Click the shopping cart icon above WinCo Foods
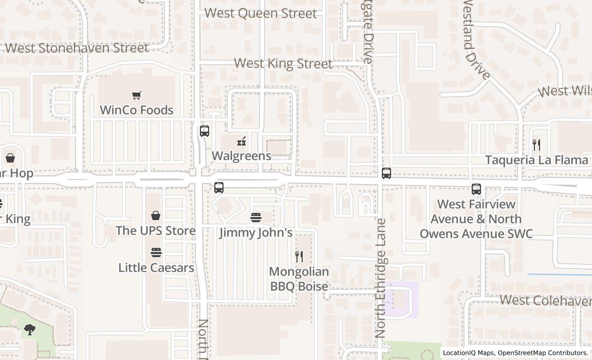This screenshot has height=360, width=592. (136, 95)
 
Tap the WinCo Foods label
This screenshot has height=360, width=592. (136, 110)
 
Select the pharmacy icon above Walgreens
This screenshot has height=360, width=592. (241, 141)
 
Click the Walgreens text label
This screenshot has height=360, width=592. (241, 156)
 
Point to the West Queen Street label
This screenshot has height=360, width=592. (261, 13)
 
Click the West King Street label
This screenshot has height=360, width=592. (283, 64)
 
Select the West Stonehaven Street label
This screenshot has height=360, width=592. (77, 48)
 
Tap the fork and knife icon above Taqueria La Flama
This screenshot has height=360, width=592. (536, 145)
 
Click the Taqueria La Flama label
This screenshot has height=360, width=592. (536, 160)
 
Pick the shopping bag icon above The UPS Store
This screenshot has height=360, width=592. (156, 215)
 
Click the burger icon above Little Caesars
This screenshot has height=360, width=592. (156, 253)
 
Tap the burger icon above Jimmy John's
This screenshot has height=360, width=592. (256, 218)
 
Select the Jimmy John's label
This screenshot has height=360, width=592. (256, 232)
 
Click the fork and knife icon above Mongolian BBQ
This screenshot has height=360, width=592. (299, 256)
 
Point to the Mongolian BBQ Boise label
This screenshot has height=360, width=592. (299, 279)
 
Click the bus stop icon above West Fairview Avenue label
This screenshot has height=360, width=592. (476, 189)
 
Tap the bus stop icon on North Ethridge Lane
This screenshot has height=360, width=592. (386, 173)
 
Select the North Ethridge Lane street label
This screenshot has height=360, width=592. (381, 278)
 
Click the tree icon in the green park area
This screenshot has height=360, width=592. (30, 330)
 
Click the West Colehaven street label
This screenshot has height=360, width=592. (545, 300)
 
